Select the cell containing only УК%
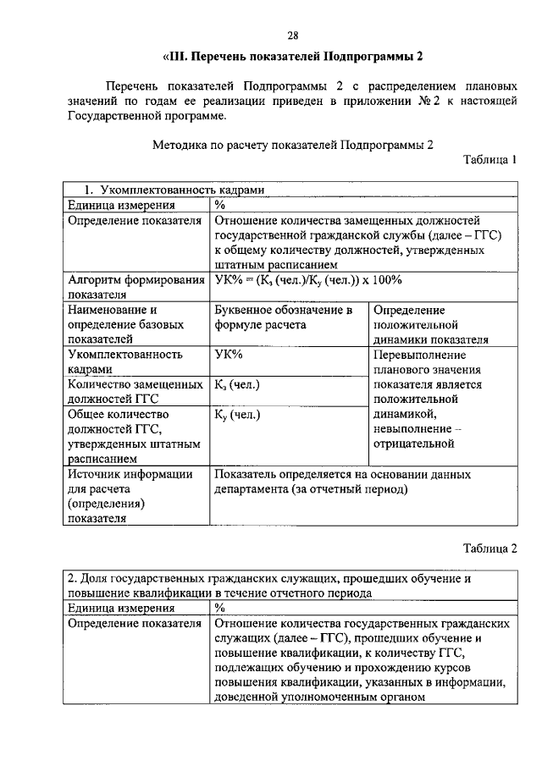[x=230, y=355]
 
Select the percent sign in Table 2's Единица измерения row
[x=219, y=607]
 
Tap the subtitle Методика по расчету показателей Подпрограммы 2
[x=292, y=144]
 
